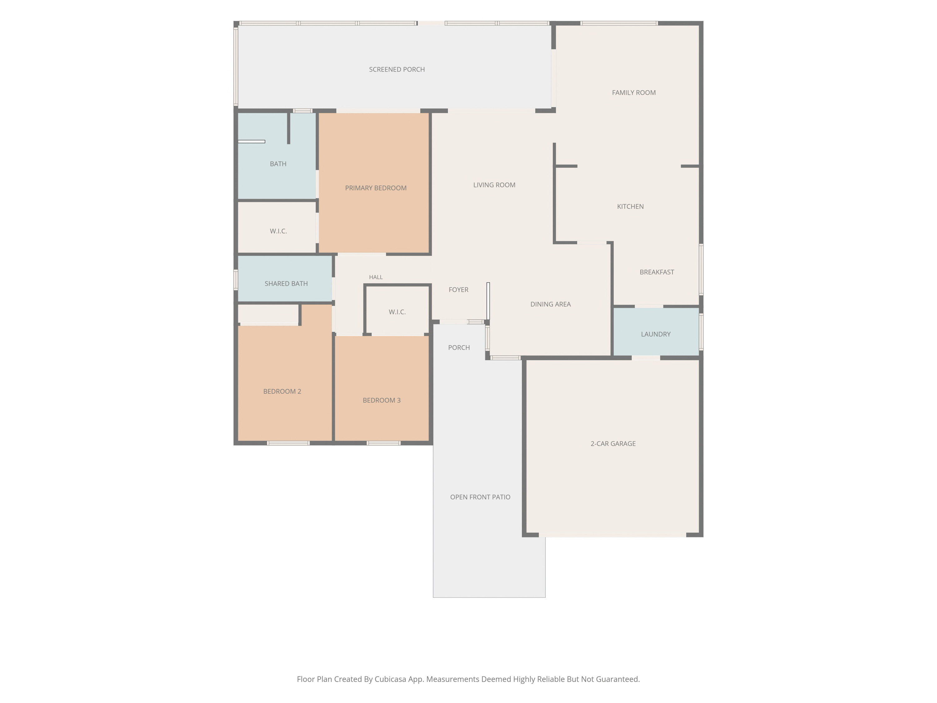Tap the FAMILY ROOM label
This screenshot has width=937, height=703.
click(634, 93)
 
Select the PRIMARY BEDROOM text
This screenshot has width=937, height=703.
click(376, 188)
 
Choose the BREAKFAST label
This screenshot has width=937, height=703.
click(657, 272)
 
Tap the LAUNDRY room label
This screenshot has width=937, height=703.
click(656, 334)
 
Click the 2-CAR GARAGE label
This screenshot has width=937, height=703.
click(613, 444)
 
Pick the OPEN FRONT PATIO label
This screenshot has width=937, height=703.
click(480, 497)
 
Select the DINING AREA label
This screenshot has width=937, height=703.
click(550, 304)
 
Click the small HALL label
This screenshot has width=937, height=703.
click(376, 277)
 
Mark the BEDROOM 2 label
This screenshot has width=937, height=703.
click(282, 391)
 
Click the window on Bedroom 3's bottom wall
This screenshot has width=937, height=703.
click(383, 443)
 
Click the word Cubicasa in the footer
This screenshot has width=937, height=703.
click(390, 679)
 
